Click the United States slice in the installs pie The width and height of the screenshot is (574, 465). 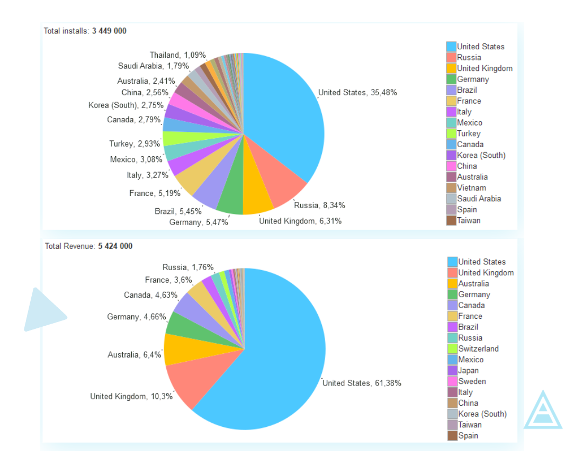286,117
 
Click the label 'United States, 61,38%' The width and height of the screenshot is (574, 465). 362,383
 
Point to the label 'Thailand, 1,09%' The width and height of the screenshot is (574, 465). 177,55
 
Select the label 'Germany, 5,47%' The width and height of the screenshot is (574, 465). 199,222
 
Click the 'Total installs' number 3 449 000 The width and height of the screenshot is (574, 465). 109,31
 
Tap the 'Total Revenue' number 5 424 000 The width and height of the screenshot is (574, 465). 115,246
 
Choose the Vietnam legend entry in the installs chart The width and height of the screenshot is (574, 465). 471,187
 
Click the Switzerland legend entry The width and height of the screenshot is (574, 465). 478,348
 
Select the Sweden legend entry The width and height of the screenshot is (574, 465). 472,381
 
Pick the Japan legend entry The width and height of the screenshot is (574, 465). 468,370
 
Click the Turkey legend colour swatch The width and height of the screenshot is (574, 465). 451,133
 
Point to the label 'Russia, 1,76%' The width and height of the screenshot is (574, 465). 188,267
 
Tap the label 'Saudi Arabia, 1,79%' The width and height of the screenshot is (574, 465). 154,66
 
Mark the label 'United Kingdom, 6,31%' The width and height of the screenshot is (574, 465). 300,221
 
